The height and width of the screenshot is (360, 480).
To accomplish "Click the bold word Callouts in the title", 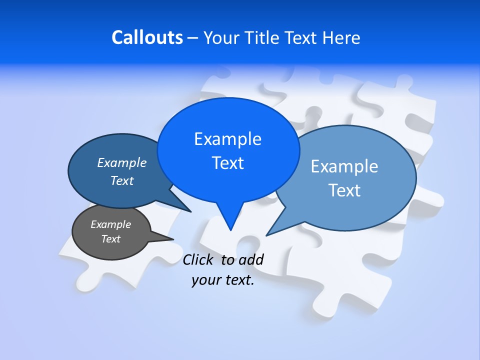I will pyautogui.click(x=147, y=37).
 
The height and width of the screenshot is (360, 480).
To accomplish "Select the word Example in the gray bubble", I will pyautogui.click(x=111, y=224).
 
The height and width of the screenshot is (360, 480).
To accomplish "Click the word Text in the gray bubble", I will pyautogui.click(x=111, y=239).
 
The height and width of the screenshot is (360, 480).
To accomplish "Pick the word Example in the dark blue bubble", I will pyautogui.click(x=122, y=162).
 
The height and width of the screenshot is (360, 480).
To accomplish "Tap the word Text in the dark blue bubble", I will pyautogui.click(x=122, y=180).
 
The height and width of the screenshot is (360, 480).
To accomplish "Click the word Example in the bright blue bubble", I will pyautogui.click(x=227, y=139).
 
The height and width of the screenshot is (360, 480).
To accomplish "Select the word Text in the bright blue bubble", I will pyautogui.click(x=228, y=163).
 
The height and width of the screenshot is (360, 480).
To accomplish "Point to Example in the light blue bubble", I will pyautogui.click(x=344, y=166).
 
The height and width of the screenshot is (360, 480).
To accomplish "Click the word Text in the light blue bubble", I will pyautogui.click(x=345, y=190).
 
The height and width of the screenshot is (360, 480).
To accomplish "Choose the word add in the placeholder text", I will pyautogui.click(x=251, y=259).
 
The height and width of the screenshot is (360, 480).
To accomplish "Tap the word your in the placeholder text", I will pyautogui.click(x=205, y=280).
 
